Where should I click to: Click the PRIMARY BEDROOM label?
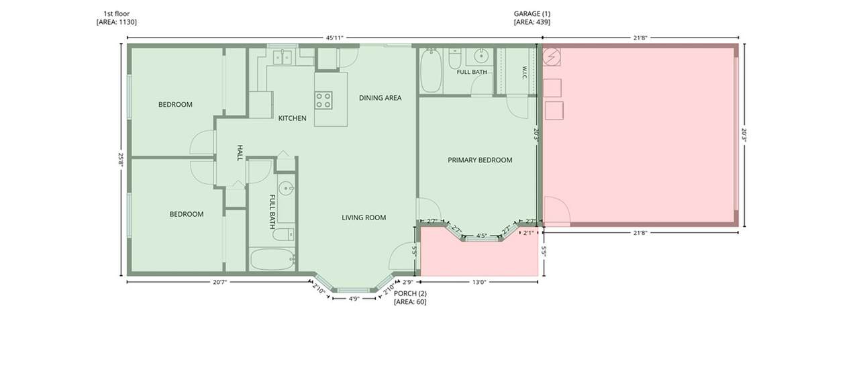pyautogui.click(x=480, y=160)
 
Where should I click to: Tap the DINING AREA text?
pyautogui.click(x=380, y=98)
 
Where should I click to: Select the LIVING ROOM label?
pyautogui.click(x=364, y=217)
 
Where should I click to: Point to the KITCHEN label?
pyautogui.click(x=292, y=118)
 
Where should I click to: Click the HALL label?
pyautogui.click(x=240, y=152)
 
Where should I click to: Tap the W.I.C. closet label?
pyautogui.click(x=524, y=72)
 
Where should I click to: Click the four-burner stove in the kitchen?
pyautogui.click(x=323, y=100)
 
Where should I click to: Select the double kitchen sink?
pyautogui.click(x=283, y=57)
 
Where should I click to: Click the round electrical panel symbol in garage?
pyautogui.click(x=552, y=57)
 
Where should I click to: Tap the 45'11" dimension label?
pyautogui.click(x=334, y=38)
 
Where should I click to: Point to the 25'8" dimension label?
pyautogui.click(x=121, y=159)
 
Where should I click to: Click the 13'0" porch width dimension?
pyautogui.click(x=479, y=282)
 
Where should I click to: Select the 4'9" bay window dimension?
pyautogui.click(x=354, y=299)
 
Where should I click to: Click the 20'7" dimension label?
pyautogui.click(x=220, y=282)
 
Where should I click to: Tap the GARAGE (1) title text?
pyautogui.click(x=532, y=14)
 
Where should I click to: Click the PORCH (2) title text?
pyautogui.click(x=410, y=293)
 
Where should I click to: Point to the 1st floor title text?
pyautogui.click(x=117, y=14)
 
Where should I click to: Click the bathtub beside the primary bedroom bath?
pyautogui.click(x=431, y=71)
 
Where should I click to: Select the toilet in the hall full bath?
pyautogui.click(x=284, y=234)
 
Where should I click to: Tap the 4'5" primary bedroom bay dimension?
pyautogui.click(x=481, y=236)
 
